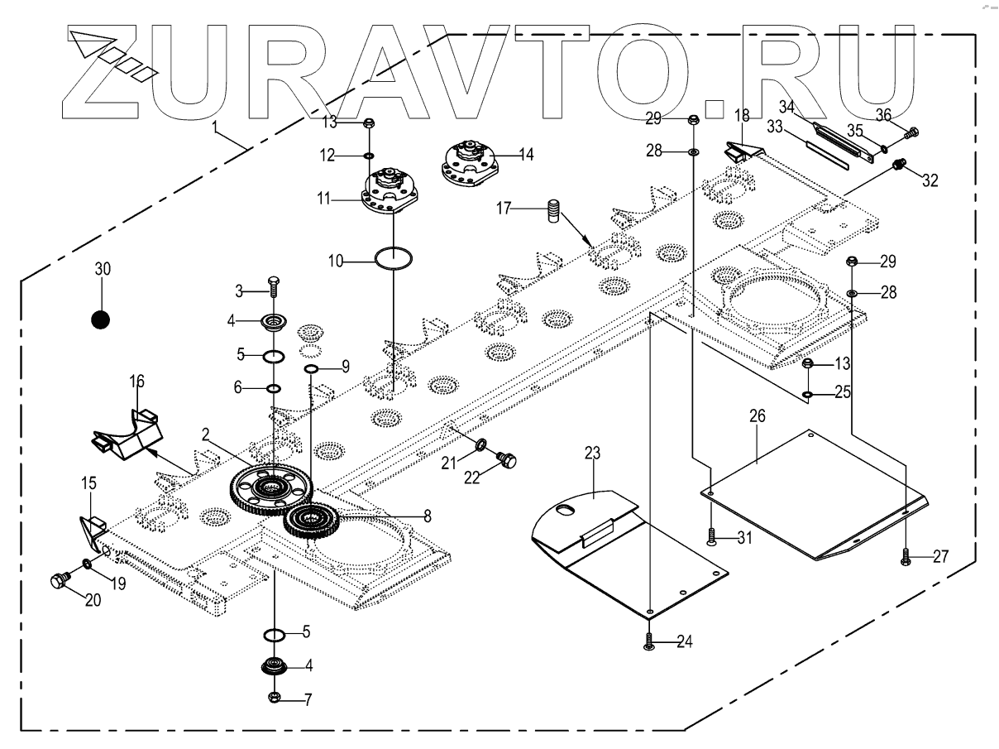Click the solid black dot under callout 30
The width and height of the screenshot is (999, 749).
coord(101,319)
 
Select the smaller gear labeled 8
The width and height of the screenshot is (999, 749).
coord(311,521)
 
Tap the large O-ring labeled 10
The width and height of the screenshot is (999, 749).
coord(394,258)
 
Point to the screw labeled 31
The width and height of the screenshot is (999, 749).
coord(712,538)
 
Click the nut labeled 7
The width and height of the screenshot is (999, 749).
coord(275,699)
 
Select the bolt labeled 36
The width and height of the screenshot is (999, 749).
coord(914,131)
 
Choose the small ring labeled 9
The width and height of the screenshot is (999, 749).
coord(311,368)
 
